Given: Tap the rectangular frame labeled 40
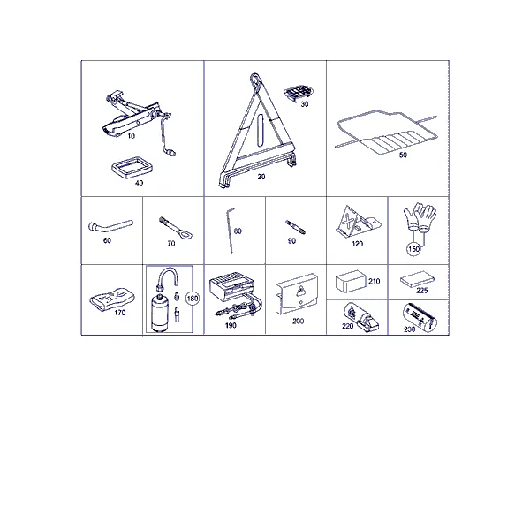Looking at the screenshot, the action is (132, 167).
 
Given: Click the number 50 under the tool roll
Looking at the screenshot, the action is (403, 155).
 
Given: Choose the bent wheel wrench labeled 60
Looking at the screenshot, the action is (110, 226).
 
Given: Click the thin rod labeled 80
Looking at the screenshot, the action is (231, 231).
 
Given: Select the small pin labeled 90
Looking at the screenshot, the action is (295, 228).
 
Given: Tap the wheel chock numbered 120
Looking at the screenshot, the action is (358, 222).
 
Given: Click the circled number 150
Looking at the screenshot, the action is (413, 249).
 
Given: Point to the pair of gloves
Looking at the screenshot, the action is (420, 216).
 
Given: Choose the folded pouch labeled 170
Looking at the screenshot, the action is (112, 299).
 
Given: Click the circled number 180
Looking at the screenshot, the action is (193, 299).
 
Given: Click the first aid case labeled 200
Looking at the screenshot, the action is (297, 294).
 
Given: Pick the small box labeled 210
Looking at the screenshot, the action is (351, 281).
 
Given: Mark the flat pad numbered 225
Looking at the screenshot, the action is (417, 279).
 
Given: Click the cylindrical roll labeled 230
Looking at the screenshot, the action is (420, 317).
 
